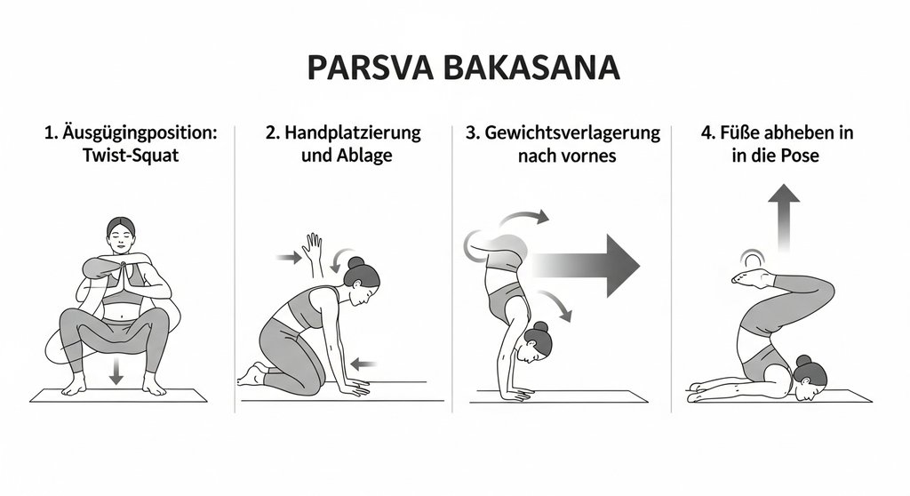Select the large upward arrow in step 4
(785, 218)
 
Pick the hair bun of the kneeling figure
(355, 264)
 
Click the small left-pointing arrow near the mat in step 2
(364, 363)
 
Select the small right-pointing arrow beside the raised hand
(288, 258)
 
